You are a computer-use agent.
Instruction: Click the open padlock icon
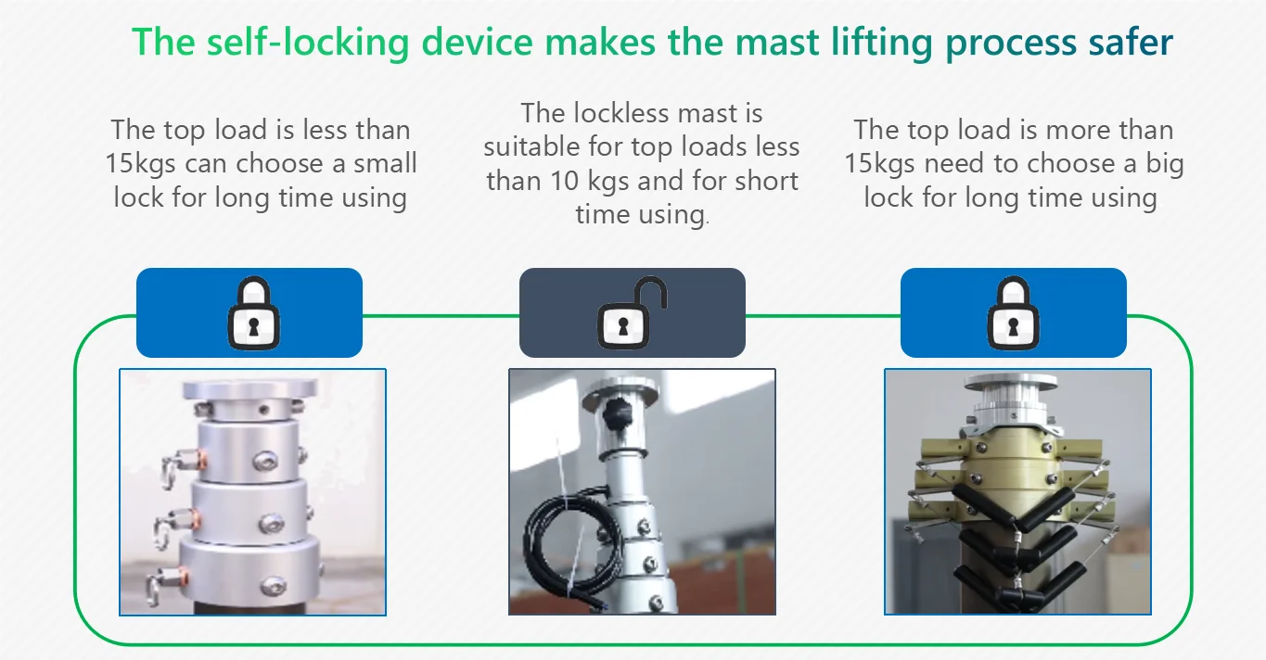(x=633, y=312)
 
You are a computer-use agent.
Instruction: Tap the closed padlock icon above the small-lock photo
(x=253, y=312)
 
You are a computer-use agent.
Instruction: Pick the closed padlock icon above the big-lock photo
(x=1013, y=312)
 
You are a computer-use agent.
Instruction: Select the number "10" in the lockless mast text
(x=564, y=181)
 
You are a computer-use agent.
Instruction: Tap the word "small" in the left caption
(x=385, y=163)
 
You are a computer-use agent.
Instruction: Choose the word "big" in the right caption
(x=1164, y=164)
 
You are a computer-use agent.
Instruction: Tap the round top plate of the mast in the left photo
(x=249, y=389)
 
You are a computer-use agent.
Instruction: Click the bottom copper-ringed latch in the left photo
(x=167, y=583)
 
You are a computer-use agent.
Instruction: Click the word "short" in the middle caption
(x=766, y=181)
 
